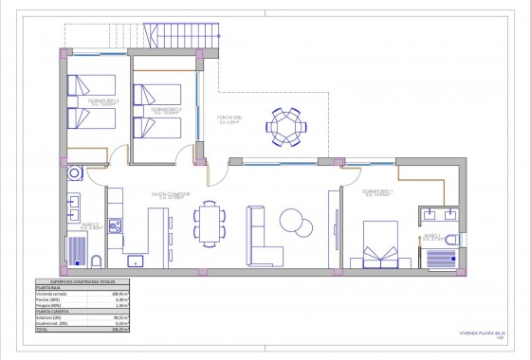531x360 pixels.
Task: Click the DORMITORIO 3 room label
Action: coord(87,101)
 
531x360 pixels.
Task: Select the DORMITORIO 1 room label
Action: coord(376,191)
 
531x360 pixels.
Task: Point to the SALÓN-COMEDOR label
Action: coord(169,195)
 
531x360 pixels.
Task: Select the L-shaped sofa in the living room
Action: coord(264,234)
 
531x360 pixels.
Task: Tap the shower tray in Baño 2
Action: coord(75,249)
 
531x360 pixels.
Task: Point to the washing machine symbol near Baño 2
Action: coord(74,174)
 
